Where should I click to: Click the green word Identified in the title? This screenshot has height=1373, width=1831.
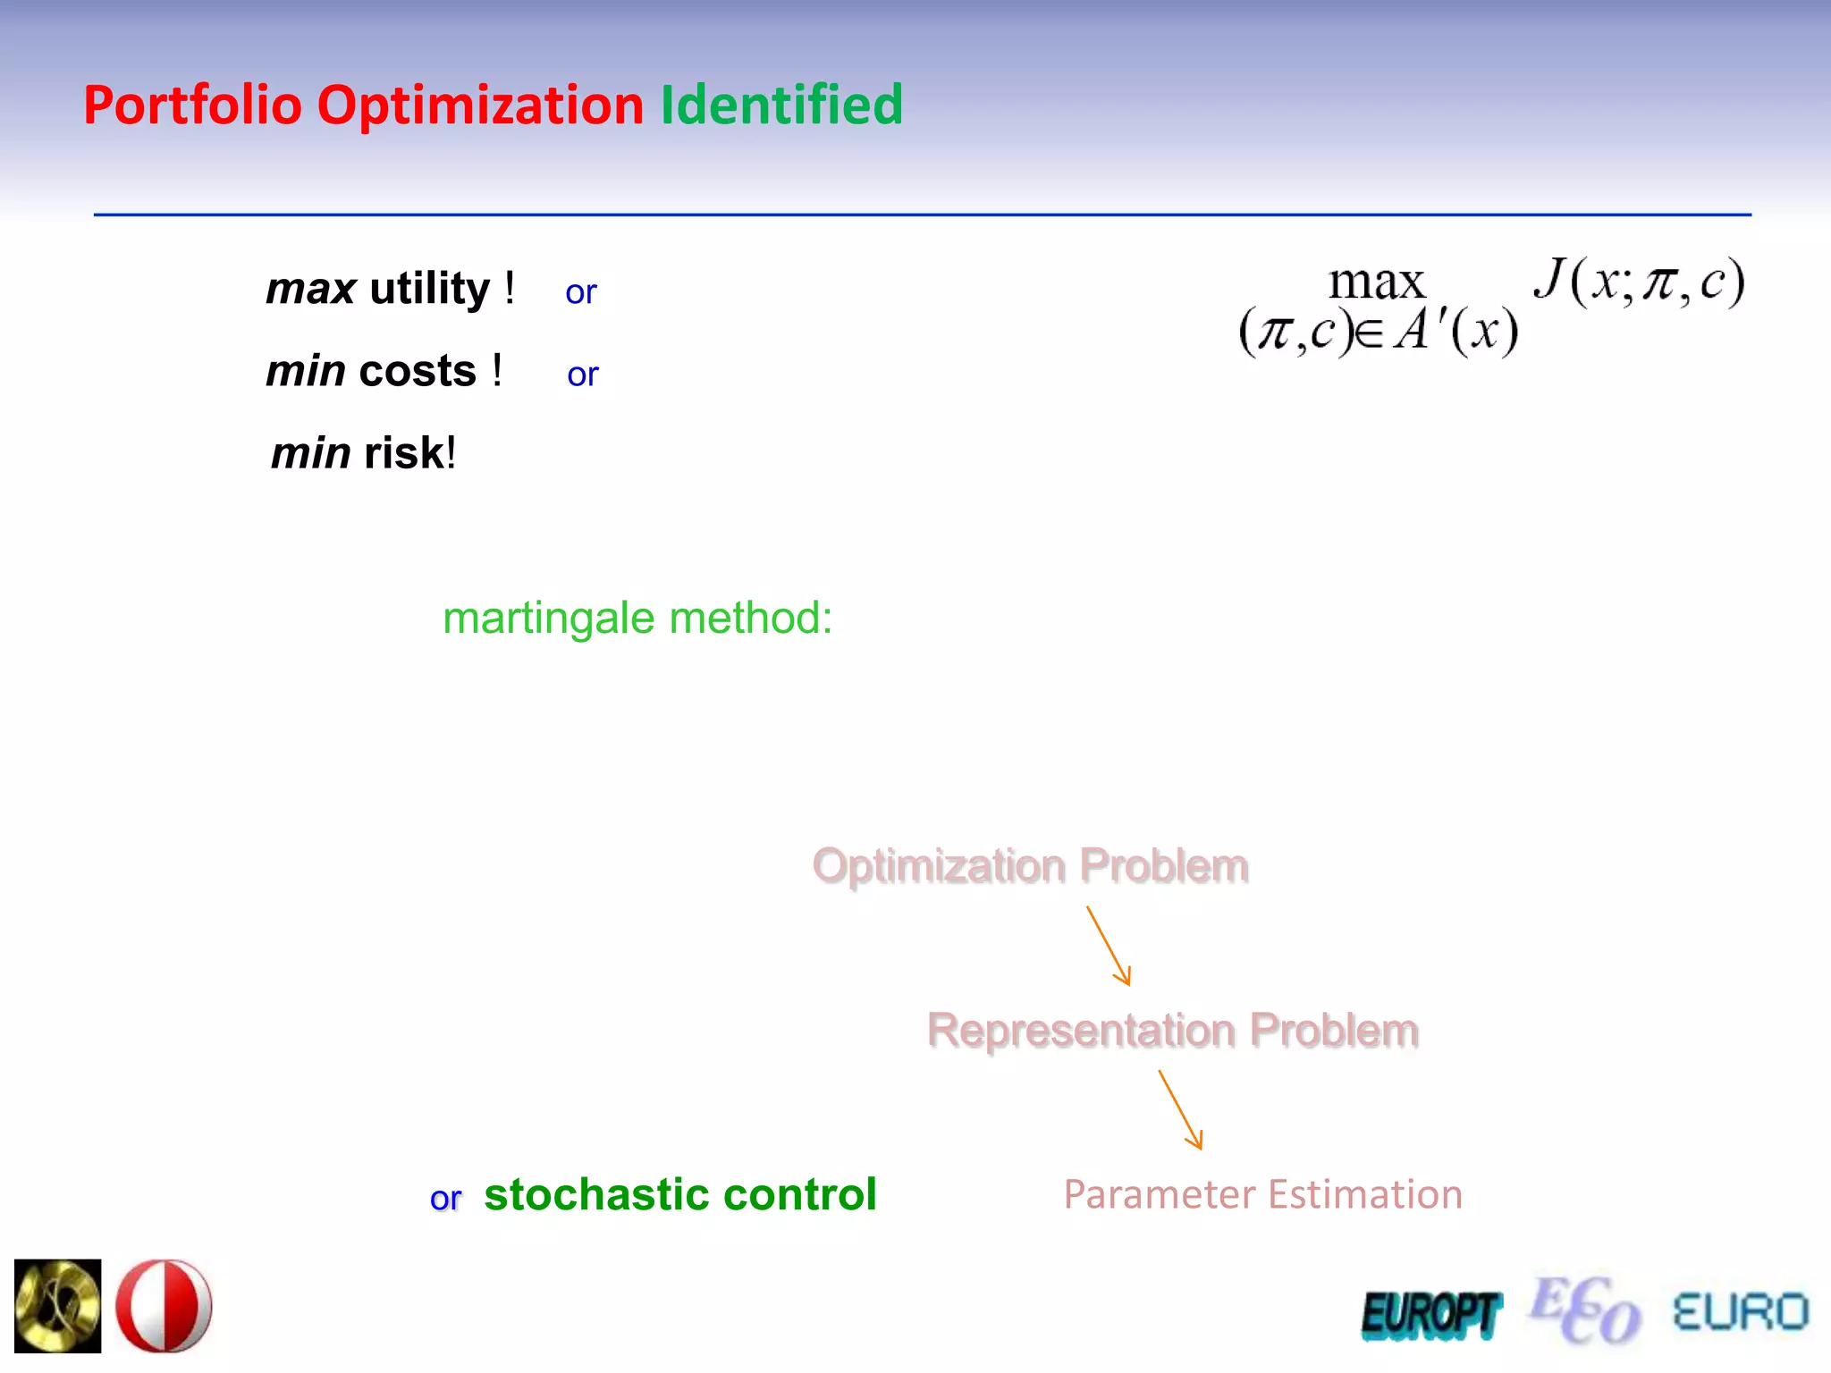coord(781,105)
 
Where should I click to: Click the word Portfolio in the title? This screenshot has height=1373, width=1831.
coord(192,105)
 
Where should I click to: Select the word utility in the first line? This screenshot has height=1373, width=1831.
coord(429,289)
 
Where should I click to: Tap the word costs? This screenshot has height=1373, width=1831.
coord(417,371)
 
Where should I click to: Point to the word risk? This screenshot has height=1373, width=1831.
coord(404,453)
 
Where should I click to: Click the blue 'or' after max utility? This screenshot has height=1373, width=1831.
coord(580,292)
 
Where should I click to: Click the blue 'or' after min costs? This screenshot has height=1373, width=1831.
coord(582,375)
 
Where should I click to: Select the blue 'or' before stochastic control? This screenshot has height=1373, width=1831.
coord(445,1199)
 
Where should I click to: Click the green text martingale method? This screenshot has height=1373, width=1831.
coord(637,618)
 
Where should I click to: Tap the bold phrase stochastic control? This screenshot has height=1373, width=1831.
coord(679,1194)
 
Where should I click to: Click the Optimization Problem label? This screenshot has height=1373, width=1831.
coord(1030,865)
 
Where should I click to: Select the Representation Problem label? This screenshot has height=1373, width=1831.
coord(1172,1030)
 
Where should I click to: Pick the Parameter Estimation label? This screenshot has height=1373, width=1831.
coord(1262,1194)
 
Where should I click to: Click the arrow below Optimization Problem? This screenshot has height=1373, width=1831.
coord(1109,946)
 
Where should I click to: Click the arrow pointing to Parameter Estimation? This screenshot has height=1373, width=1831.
coord(1180,1110)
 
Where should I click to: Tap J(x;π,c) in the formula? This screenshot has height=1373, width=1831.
coord(1638,282)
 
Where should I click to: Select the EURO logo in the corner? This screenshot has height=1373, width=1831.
coord(1740,1312)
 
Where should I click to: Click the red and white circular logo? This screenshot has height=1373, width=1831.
coord(165,1305)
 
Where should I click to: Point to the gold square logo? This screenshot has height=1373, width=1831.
coord(58,1305)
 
